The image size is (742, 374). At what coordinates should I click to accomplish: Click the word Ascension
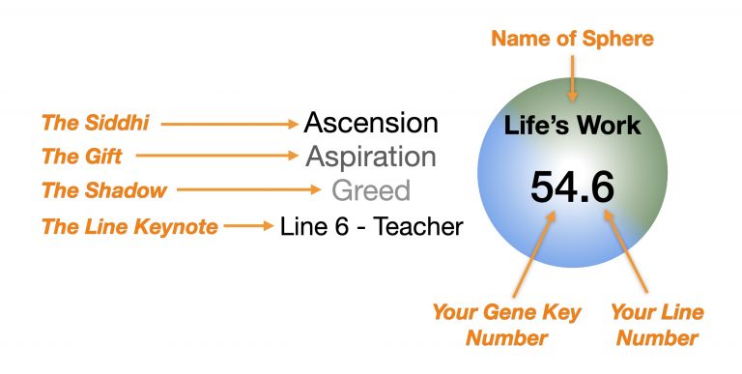click(x=371, y=123)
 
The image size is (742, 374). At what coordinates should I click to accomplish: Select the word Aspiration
click(x=371, y=157)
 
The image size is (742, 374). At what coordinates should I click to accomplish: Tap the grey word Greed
click(x=371, y=189)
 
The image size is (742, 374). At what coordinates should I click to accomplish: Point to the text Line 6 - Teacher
click(x=371, y=226)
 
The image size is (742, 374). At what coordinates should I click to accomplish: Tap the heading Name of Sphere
click(x=572, y=40)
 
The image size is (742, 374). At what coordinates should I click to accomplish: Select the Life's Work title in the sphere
click(x=572, y=126)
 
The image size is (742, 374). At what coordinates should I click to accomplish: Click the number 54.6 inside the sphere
click(x=572, y=185)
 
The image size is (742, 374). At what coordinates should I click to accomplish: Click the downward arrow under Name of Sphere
click(x=572, y=77)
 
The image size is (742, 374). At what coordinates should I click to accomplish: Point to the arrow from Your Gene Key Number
click(x=533, y=253)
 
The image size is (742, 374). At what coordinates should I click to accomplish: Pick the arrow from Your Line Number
click(x=626, y=253)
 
